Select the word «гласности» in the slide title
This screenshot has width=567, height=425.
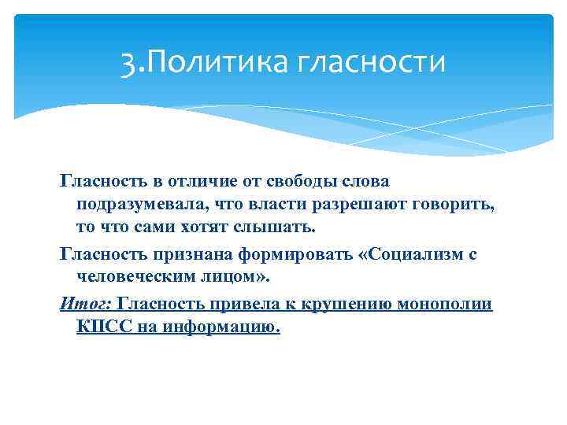[370, 61]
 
